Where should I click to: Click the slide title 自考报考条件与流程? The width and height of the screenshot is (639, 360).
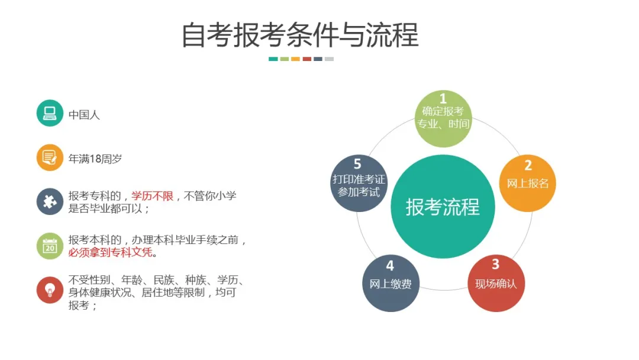tap(299, 35)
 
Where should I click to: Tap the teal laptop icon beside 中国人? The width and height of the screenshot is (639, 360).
tap(50, 113)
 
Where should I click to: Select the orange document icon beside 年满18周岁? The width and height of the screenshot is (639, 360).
tap(50, 157)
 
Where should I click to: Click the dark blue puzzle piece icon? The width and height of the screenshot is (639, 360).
tap(50, 201)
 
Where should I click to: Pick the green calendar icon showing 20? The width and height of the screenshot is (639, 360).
tap(50, 246)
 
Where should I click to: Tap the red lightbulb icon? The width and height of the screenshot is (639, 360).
tap(50, 290)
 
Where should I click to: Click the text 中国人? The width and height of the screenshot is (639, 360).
tap(84, 114)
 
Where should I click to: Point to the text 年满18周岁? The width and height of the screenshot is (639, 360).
tap(95, 159)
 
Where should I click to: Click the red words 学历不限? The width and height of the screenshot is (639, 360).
tap(153, 196)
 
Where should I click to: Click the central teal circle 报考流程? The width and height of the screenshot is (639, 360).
tap(443, 207)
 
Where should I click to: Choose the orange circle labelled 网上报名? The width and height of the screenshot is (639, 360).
tap(528, 183)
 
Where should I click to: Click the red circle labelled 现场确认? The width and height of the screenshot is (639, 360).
tap(496, 283)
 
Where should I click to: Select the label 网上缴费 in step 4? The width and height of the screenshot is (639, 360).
tap(390, 284)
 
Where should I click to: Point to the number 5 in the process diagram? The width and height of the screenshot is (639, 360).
tap(357, 163)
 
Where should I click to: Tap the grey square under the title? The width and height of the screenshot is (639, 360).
tap(329, 59)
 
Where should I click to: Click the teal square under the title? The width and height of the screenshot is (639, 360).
tap(273, 59)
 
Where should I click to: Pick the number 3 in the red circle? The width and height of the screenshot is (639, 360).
tap(496, 264)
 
